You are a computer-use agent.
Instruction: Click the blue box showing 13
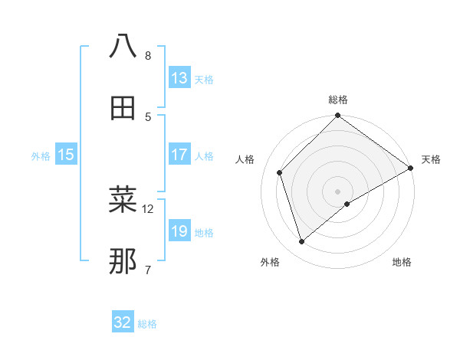179,78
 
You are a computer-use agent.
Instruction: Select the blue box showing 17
179,155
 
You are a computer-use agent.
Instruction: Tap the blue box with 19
179,231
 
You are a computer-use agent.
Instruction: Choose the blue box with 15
66,155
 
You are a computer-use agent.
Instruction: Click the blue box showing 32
123,322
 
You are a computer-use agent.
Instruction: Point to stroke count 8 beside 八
147,56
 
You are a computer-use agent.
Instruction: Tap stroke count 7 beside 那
147,270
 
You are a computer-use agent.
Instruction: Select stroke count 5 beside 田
147,116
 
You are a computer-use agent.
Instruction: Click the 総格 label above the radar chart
338,100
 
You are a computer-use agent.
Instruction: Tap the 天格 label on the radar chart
431,159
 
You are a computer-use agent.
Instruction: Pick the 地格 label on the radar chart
402,262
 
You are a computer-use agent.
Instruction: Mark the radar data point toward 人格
281,172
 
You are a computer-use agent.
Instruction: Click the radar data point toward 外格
302,241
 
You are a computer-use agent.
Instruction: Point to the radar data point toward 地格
347,204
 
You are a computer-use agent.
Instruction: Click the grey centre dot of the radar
338,191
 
